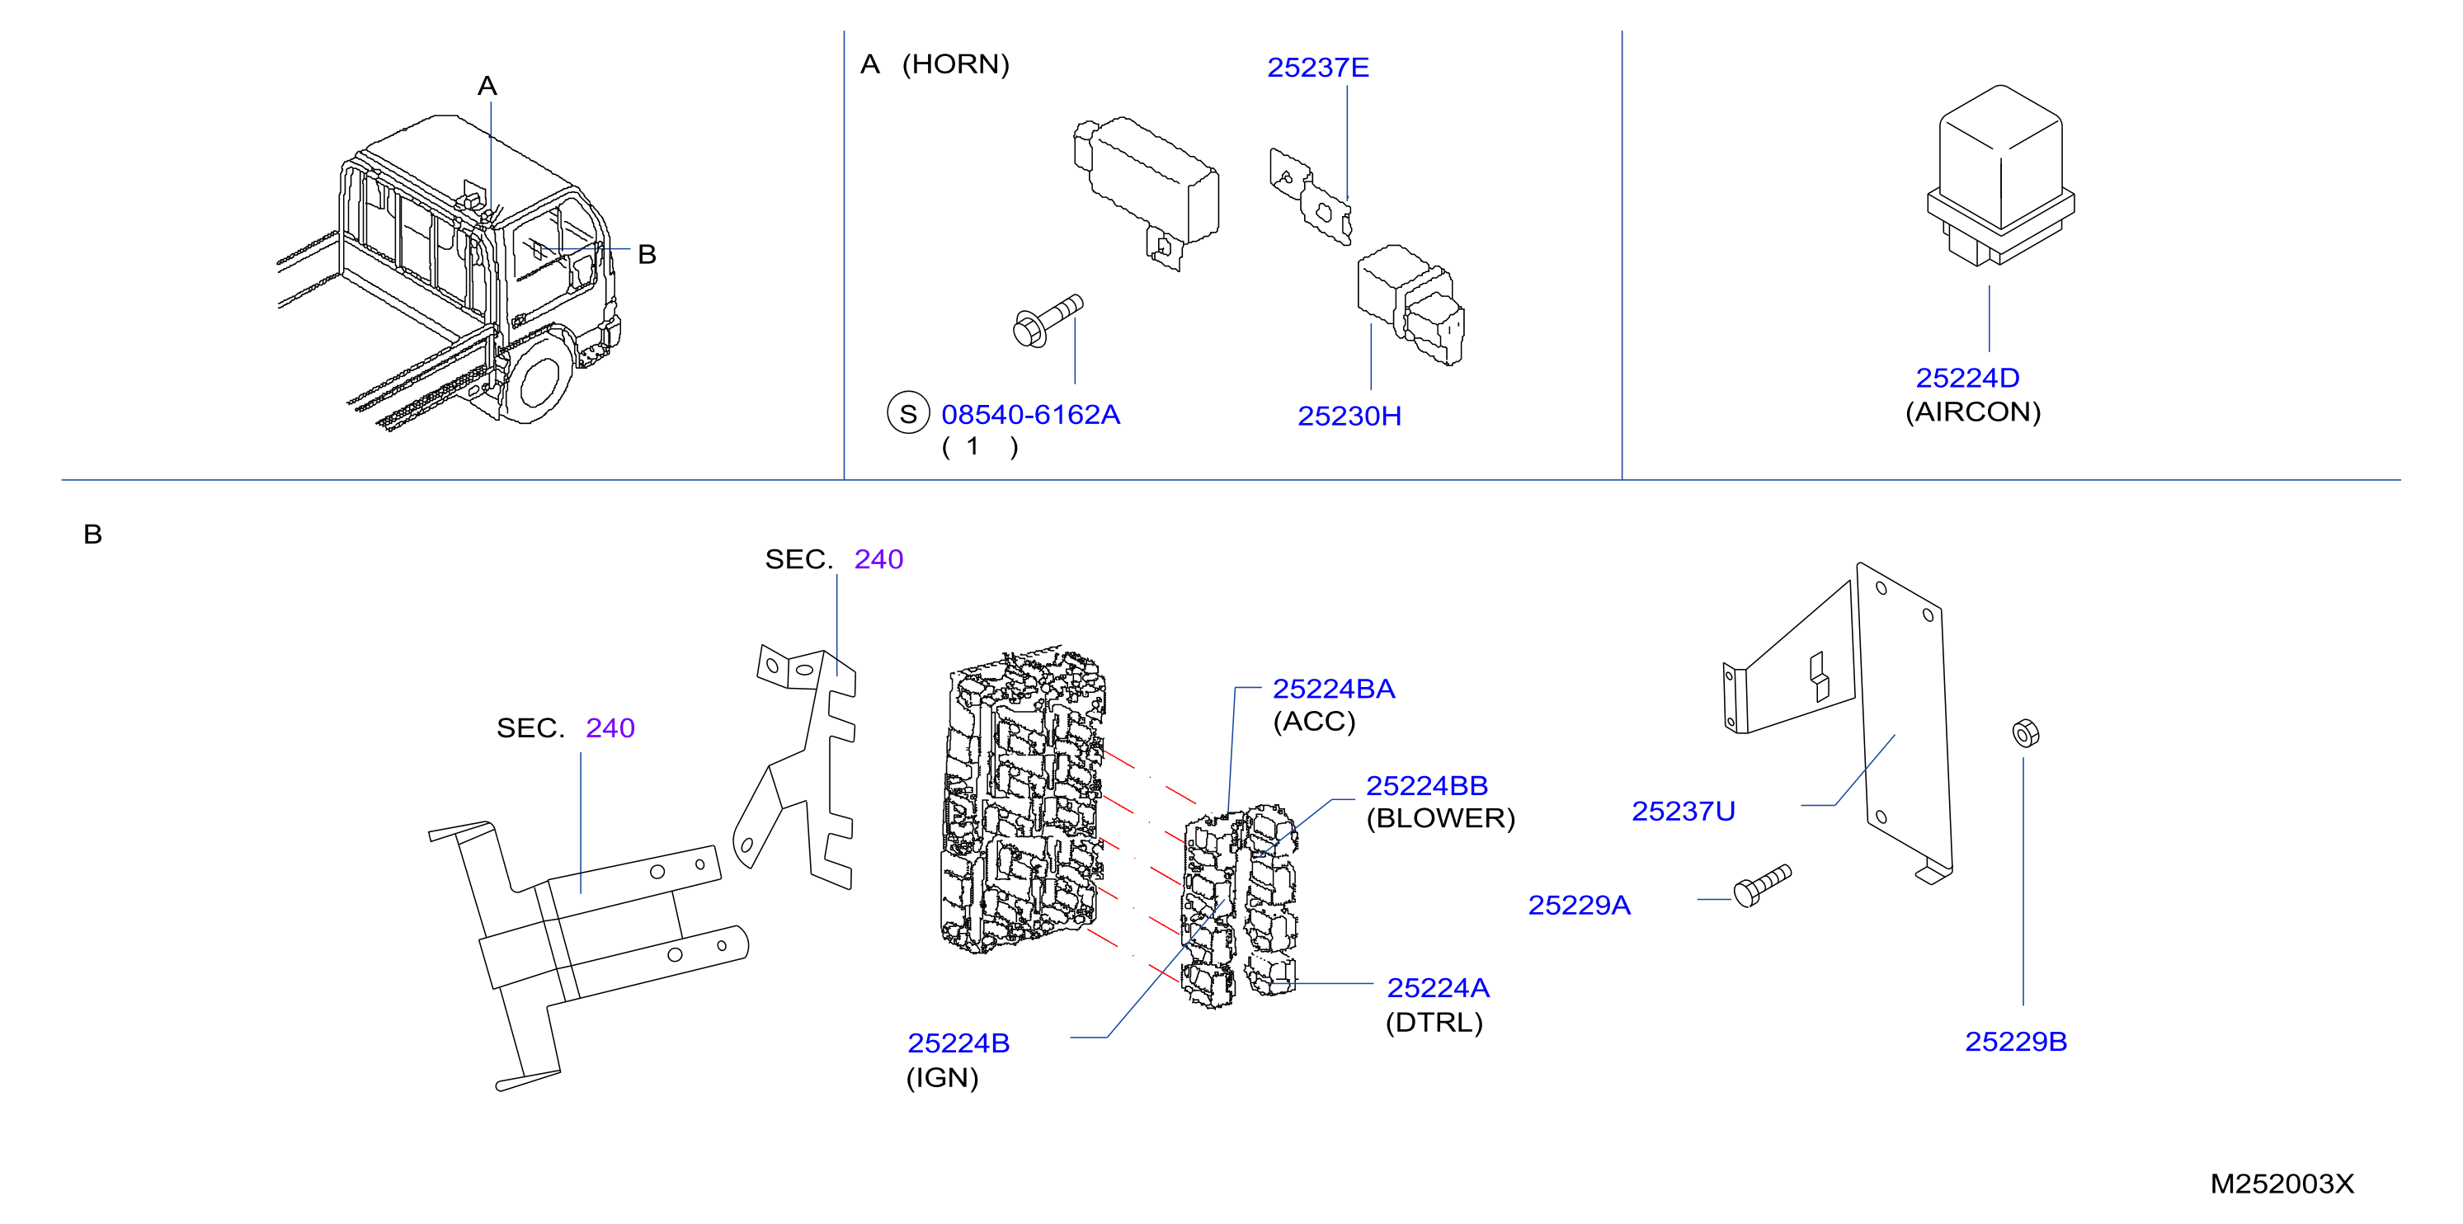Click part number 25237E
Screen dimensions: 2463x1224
click(x=1317, y=68)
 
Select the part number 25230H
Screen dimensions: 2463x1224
click(x=1349, y=416)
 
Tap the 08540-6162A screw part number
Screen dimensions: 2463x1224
click(x=1031, y=414)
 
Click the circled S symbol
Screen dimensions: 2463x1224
click(x=908, y=413)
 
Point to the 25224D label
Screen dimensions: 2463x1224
click(x=1968, y=378)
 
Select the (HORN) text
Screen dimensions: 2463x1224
click(x=956, y=64)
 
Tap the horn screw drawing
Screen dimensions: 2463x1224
click(x=1048, y=320)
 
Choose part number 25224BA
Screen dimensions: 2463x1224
click(x=1334, y=689)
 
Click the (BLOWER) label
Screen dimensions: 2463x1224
click(x=1441, y=818)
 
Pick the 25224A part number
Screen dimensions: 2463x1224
click(x=1438, y=988)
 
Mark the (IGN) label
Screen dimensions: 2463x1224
click(x=943, y=1078)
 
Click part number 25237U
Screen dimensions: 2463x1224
click(x=1683, y=811)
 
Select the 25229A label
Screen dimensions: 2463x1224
click(x=1580, y=905)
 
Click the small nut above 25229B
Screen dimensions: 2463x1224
click(x=2025, y=733)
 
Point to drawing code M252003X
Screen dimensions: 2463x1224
click(x=2282, y=1184)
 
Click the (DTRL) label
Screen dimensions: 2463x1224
click(x=1434, y=1022)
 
